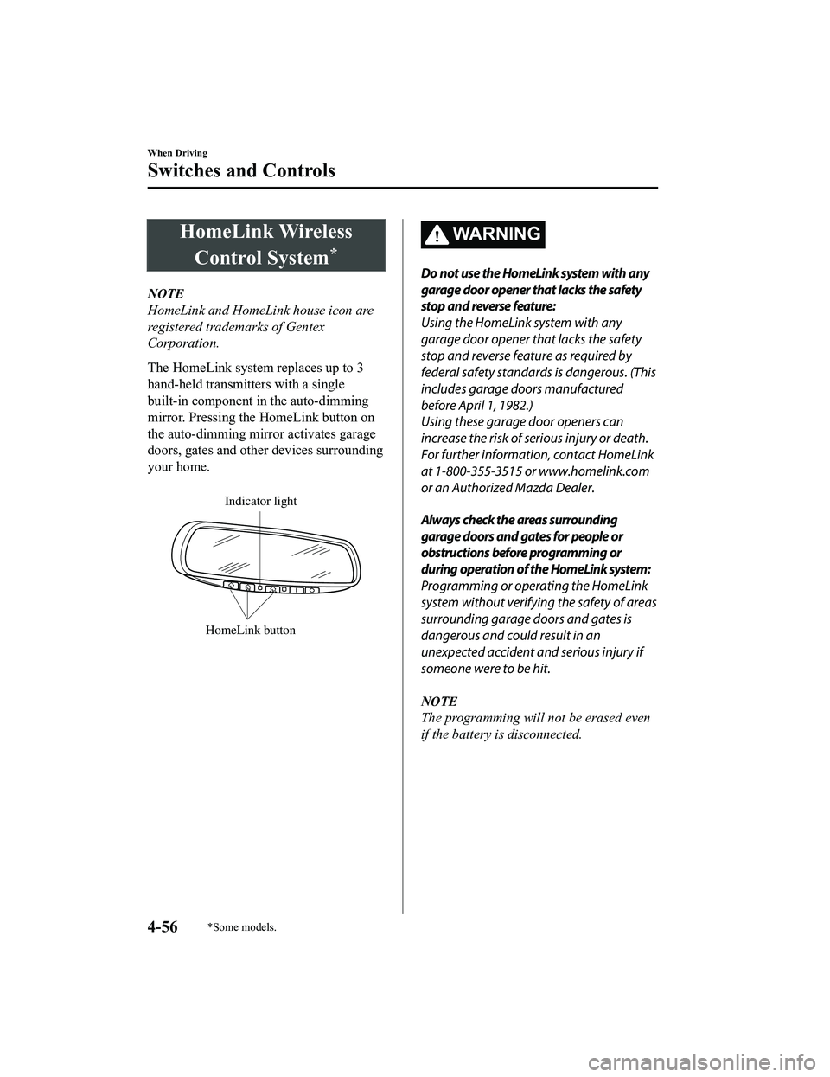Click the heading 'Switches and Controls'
point(241,170)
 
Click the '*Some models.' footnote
point(246,927)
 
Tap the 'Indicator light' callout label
point(260,501)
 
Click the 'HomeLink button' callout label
point(251,630)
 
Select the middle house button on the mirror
point(248,587)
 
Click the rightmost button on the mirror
point(312,590)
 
